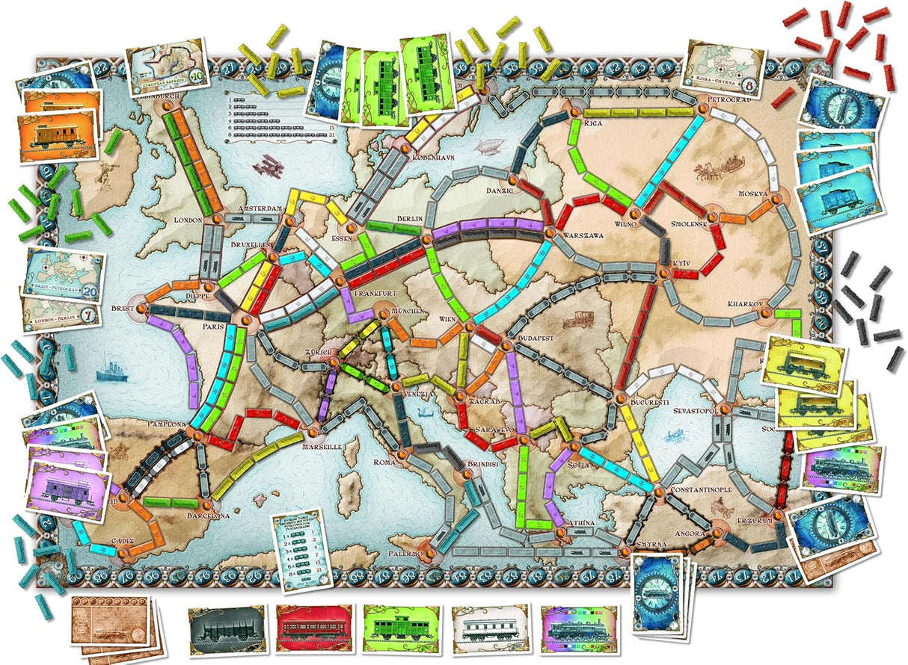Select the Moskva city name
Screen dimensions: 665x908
[x=753, y=193]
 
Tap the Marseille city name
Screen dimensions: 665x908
[x=322, y=446]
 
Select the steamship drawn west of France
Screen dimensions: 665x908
[x=111, y=368]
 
